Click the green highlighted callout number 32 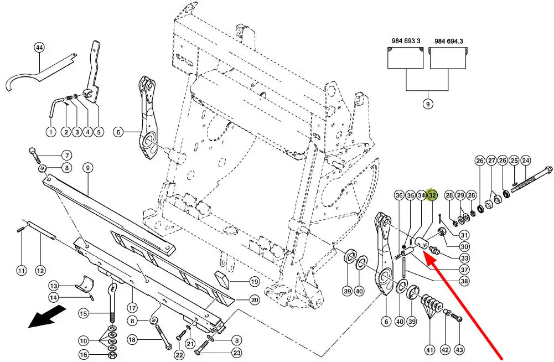click(x=433, y=195)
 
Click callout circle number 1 click(x=50, y=132)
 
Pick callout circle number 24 click(x=526, y=161)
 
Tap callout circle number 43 click(x=459, y=349)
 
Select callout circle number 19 click(x=254, y=281)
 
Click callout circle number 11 click(x=21, y=271)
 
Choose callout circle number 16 click(x=84, y=355)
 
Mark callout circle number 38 click(x=464, y=281)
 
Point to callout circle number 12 click(x=40, y=271)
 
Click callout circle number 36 click(x=399, y=195)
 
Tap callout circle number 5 click(x=99, y=132)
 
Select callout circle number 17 click(x=132, y=307)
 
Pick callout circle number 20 click(x=254, y=300)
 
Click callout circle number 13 click(x=54, y=286)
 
